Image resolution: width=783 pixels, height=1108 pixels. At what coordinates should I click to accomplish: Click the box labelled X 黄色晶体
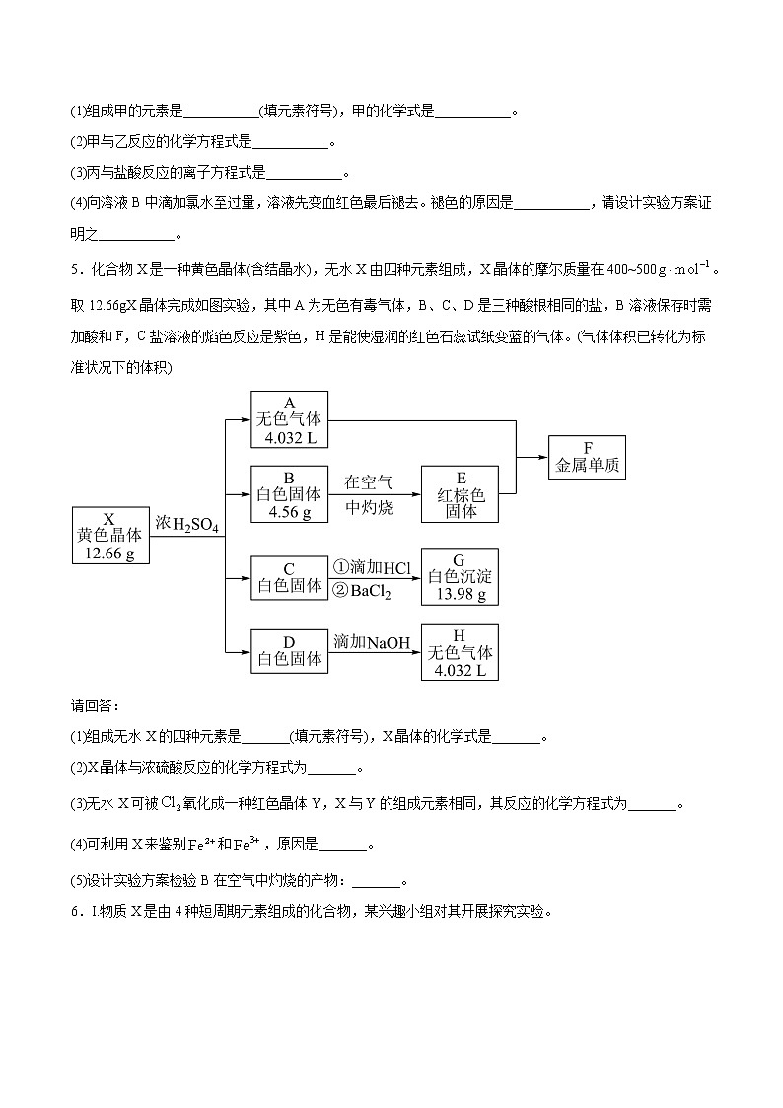pyautogui.click(x=109, y=536)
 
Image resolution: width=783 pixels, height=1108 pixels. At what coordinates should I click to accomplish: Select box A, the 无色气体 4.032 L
pyautogui.click(x=288, y=419)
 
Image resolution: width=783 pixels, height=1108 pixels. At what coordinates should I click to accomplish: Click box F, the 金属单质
pyautogui.click(x=588, y=458)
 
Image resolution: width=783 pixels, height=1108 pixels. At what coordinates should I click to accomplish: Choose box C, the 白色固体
pyautogui.click(x=288, y=577)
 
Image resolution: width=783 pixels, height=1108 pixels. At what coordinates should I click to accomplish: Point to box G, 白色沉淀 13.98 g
pyautogui.click(x=460, y=577)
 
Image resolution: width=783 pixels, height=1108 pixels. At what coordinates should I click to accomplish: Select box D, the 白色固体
pyautogui.click(x=288, y=651)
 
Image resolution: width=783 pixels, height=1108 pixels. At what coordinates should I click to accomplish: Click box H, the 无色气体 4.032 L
pyautogui.click(x=460, y=651)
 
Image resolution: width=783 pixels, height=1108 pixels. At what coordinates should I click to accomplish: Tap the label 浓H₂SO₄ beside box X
pyautogui.click(x=186, y=524)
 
